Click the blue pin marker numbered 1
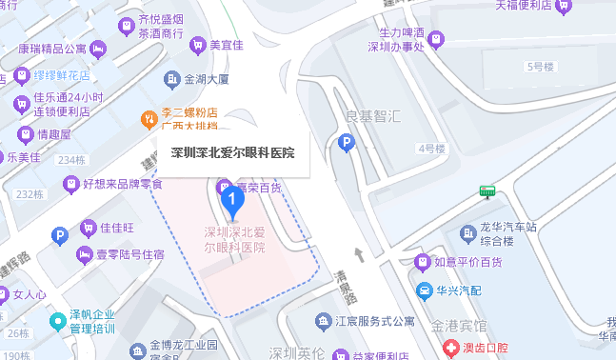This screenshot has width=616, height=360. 230,200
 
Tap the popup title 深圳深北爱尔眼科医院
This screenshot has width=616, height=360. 232,152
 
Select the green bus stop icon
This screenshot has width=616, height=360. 487,191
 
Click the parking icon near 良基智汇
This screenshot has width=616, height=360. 348,144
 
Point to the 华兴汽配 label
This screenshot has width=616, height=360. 460,289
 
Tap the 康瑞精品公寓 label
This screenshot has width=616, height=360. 52,48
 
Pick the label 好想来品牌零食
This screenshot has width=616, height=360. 122,184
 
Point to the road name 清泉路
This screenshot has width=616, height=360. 341,286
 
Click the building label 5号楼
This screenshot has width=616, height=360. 540,67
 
